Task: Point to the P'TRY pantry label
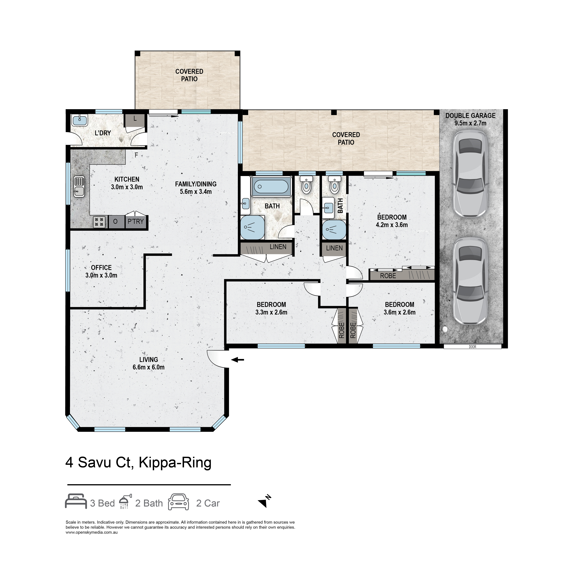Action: [136, 221]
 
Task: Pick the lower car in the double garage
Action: [470, 280]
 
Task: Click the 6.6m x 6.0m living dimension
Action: [148, 367]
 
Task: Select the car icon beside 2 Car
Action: [178, 502]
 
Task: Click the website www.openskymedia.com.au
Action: [92, 532]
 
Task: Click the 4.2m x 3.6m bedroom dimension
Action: [391, 225]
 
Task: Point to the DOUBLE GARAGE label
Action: [470, 115]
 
